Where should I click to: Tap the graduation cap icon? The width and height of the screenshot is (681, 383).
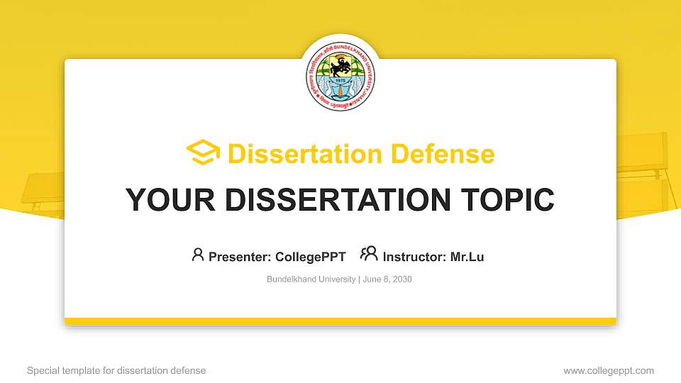pyautogui.click(x=204, y=152)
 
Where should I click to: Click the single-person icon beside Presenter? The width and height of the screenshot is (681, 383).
pyautogui.click(x=198, y=255)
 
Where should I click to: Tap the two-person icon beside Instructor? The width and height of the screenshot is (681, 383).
pyautogui.click(x=369, y=255)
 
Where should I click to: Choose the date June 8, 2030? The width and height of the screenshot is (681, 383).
pyautogui.click(x=387, y=279)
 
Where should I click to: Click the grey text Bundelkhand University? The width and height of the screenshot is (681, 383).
pyautogui.click(x=311, y=279)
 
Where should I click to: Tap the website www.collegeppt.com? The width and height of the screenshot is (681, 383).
pyautogui.click(x=609, y=370)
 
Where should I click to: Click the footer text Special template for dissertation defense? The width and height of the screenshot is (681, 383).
pyautogui.click(x=116, y=370)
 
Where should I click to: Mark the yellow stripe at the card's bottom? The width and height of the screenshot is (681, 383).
pyautogui.click(x=340, y=321)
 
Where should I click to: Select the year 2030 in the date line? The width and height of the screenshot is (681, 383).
pyautogui.click(x=402, y=279)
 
